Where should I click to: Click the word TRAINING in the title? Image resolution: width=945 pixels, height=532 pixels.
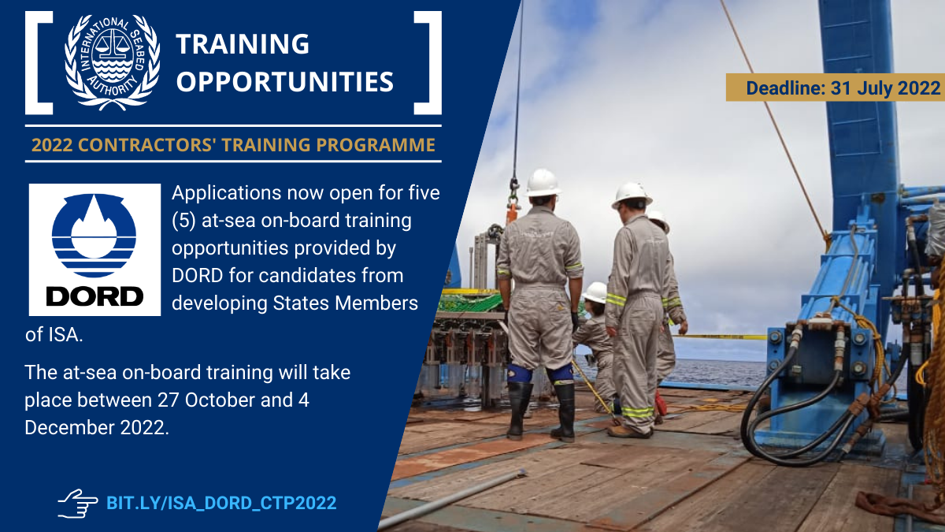coord(243,44)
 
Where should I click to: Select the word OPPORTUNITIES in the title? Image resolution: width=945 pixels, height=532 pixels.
coord(284,80)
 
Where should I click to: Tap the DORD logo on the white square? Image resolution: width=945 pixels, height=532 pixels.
coord(94,250)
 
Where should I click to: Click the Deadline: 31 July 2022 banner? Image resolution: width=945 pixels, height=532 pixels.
coord(835,87)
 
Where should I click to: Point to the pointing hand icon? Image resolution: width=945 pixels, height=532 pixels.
coord(77,502)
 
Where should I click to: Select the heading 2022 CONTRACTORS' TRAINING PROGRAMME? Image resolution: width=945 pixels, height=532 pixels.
coord(233,145)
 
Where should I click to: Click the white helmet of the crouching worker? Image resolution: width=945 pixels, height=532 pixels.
coord(595,292)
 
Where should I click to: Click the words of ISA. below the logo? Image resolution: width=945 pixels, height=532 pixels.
coord(54,334)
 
